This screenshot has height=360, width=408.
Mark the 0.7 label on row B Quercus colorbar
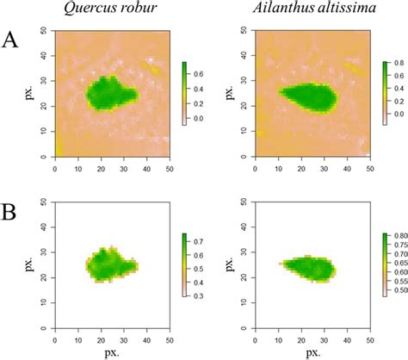[x=203, y=240]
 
